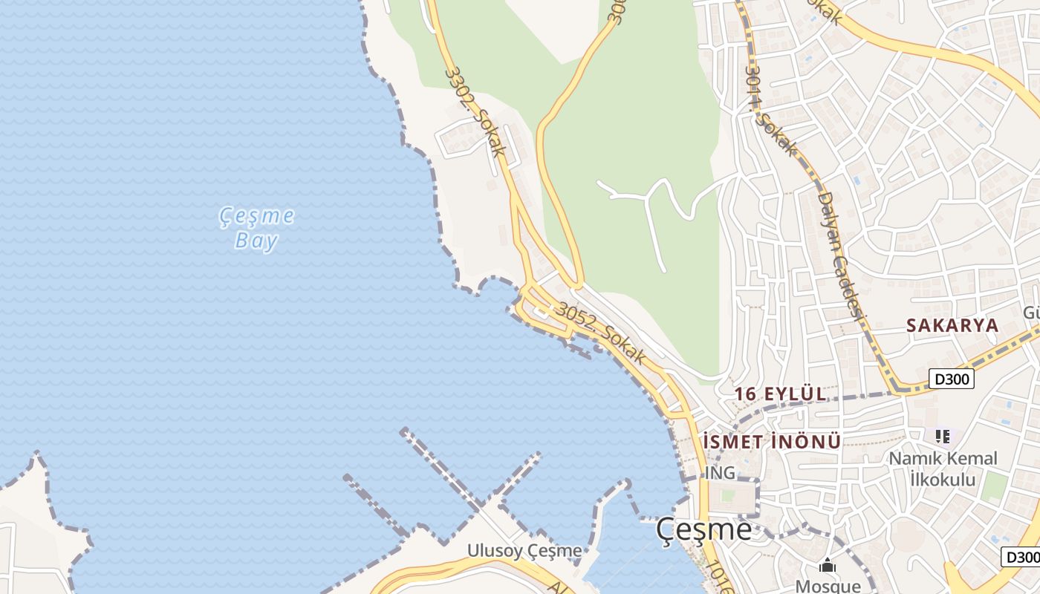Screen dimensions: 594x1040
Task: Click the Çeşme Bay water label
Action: point(257,228)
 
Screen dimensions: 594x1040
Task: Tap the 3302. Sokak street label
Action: point(475,112)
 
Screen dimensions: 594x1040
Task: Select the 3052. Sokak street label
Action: point(602,334)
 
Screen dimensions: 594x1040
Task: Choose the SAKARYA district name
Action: point(952,325)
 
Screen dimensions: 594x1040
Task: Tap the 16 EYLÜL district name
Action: point(780,394)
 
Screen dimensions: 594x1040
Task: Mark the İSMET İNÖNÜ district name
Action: point(772,442)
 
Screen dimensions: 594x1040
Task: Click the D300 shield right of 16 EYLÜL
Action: point(952,379)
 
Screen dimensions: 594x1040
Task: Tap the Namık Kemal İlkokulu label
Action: point(943,469)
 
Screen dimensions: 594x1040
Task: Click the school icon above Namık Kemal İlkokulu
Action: point(943,437)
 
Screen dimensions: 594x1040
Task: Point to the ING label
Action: point(719,473)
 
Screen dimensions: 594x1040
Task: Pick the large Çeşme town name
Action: point(703,529)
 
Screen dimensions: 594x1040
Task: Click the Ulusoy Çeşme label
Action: point(524,550)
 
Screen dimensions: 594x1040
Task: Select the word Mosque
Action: point(828,586)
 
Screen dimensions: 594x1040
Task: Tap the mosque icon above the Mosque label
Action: point(828,567)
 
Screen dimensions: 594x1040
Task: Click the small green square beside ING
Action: point(727,495)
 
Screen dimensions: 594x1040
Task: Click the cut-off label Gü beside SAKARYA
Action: point(1031,313)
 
